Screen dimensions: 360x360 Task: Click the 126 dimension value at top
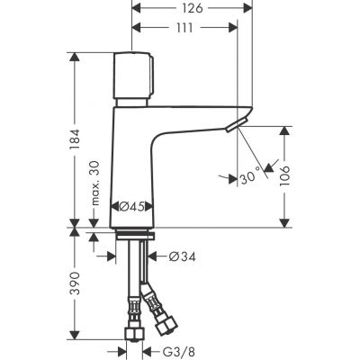point(190,8)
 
